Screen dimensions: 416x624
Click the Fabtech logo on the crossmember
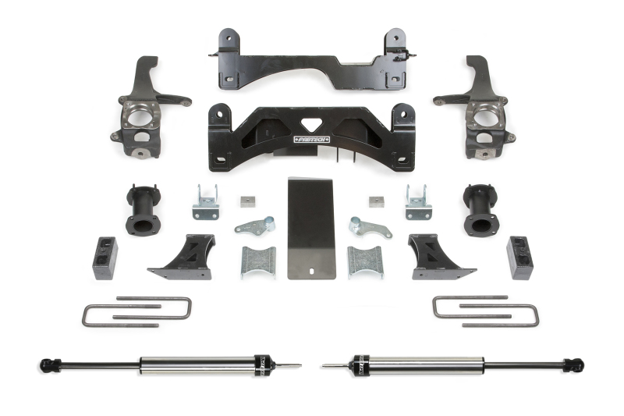pyautogui.click(x=311, y=140)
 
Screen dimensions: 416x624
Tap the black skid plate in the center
pyautogui.click(x=311, y=226)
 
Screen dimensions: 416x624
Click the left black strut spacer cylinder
pyautogui.click(x=143, y=210)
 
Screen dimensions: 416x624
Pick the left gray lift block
pyautogui.click(x=105, y=258)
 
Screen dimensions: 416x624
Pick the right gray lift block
pyautogui.click(x=519, y=257)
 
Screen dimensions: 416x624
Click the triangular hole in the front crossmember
pyautogui.click(x=312, y=125)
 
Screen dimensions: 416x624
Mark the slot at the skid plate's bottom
pyautogui.click(x=311, y=272)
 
